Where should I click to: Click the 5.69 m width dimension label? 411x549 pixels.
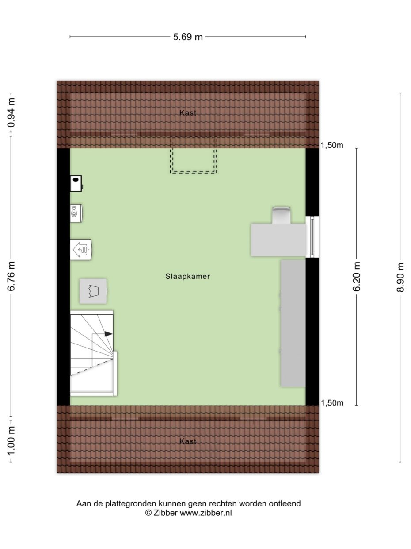(188, 37)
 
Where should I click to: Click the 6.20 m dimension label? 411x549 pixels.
(357, 277)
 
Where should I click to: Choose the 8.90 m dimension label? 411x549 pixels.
(400, 278)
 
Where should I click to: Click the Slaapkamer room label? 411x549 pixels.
(188, 277)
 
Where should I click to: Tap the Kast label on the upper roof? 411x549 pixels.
(188, 113)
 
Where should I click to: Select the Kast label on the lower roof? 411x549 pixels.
(188, 441)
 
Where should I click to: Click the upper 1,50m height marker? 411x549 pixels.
(332, 145)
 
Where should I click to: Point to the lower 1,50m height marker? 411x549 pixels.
(332, 403)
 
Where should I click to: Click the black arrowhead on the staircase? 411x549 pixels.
(108, 334)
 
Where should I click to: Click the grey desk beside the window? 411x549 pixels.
(278, 240)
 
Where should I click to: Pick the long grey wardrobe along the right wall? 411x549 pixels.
(293, 323)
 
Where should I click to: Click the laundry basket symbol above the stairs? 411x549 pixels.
(93, 291)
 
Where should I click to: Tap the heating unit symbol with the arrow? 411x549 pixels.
(81, 250)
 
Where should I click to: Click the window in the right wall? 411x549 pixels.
(312, 237)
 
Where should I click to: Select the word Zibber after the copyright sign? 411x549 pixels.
(165, 513)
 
